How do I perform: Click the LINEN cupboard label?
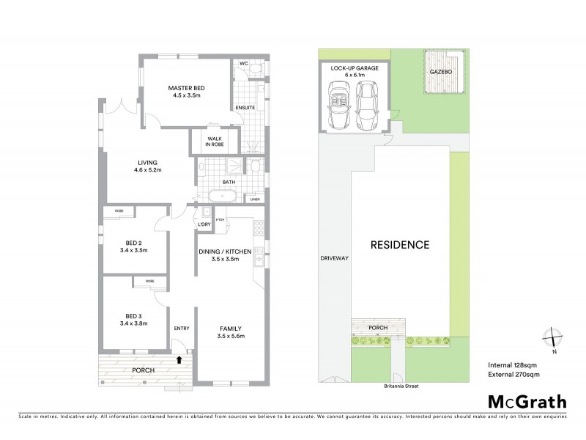tap(255, 198)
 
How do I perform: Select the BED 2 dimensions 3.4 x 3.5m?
tap(133, 250)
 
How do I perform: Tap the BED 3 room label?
tap(133, 315)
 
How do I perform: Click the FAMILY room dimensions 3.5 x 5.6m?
tap(231, 336)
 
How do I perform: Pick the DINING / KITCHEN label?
tap(225, 252)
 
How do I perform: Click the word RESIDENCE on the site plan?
tap(399, 245)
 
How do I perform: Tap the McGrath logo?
tap(527, 401)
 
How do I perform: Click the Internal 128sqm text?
tap(513, 365)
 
